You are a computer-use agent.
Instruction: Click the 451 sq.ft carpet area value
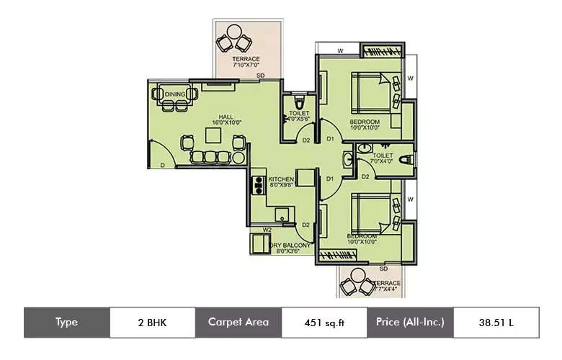tap(324, 323)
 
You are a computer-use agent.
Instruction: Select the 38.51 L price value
tap(496, 323)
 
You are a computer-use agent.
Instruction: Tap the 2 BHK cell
tap(152, 323)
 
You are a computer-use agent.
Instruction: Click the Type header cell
tap(66, 323)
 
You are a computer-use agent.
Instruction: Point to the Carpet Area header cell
tap(238, 323)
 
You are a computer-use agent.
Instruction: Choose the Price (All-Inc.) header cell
tap(410, 323)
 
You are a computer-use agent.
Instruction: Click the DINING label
tap(175, 94)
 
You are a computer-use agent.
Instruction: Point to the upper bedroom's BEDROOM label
tap(365, 123)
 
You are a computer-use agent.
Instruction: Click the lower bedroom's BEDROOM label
tap(361, 237)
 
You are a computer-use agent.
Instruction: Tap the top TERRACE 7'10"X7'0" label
tap(246, 62)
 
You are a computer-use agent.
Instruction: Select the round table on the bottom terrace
tap(356, 277)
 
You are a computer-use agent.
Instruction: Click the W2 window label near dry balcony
tap(267, 230)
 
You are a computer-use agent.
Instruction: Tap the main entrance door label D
tap(163, 166)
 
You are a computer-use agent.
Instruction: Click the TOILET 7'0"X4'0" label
tap(383, 158)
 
